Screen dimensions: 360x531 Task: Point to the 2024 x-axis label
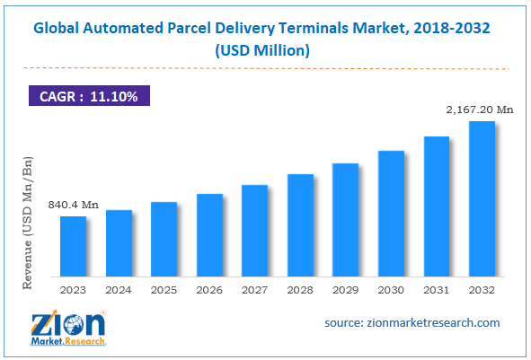(x=119, y=289)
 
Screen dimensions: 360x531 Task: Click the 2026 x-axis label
(x=209, y=289)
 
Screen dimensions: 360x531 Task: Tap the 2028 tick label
(x=300, y=289)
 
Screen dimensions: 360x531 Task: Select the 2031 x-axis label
(x=437, y=289)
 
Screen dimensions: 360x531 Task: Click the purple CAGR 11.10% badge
(x=88, y=95)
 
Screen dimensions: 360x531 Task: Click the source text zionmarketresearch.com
(x=412, y=322)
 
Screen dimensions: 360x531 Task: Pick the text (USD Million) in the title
(x=266, y=50)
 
